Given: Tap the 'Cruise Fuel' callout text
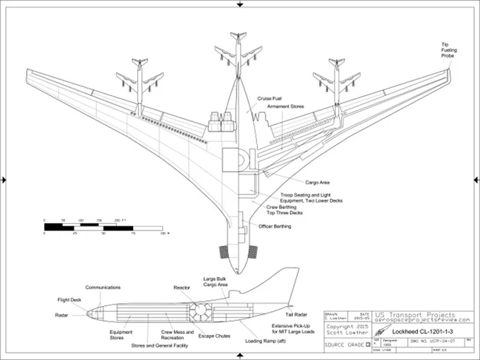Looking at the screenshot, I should pyautogui.click(x=270, y=97).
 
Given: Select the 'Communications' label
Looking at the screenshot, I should pyautogui.click(x=103, y=287).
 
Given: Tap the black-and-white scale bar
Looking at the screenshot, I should pyautogui.click(x=103, y=226).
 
